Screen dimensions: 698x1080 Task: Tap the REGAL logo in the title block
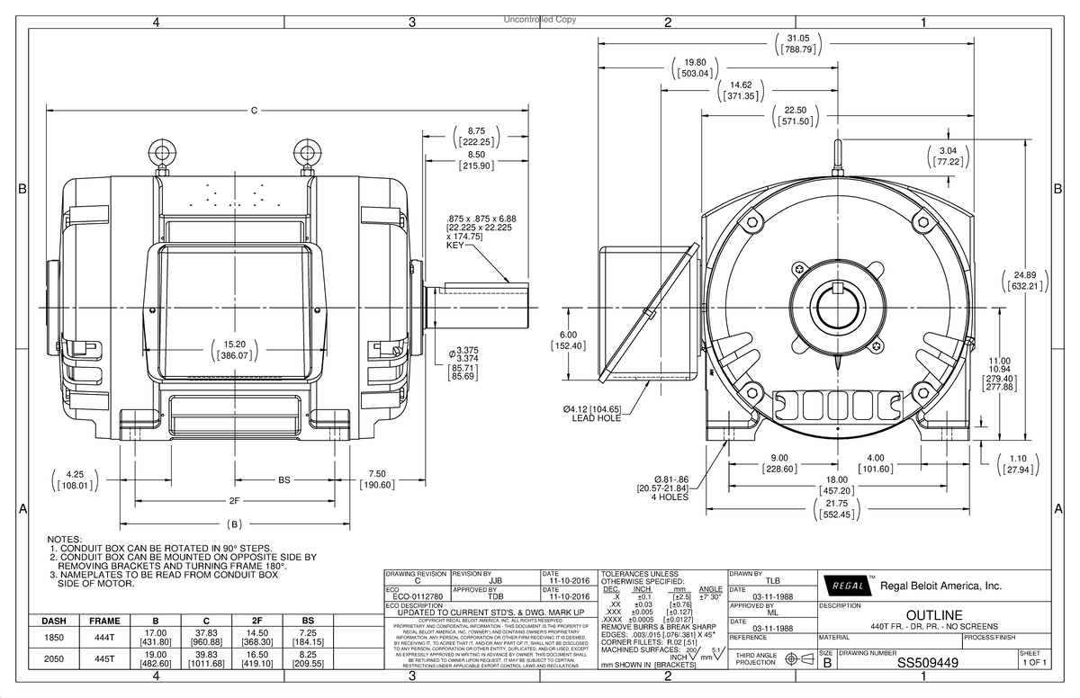coord(845,586)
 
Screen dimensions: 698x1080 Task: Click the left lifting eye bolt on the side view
coord(163,149)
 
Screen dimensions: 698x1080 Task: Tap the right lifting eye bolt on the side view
coord(308,149)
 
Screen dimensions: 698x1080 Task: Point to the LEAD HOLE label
coord(596,418)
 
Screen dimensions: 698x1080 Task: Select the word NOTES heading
coord(67,537)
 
